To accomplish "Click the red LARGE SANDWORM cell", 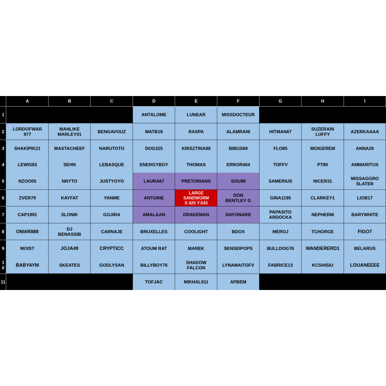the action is [196, 198].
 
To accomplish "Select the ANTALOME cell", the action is [154, 115].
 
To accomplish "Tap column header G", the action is [280, 101].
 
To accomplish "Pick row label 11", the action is [3, 282].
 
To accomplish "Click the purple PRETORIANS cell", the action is [196, 181].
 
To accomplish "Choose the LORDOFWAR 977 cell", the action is [28, 132].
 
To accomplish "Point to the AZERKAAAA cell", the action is [365, 132].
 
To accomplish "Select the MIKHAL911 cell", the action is [196, 282].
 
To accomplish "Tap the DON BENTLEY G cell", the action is [238, 198].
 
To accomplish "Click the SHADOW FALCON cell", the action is [196, 265].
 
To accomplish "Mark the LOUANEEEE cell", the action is [365, 265].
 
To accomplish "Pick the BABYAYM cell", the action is [28, 265].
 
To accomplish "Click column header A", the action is [28, 101].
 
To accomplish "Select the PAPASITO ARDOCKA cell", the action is [280, 215].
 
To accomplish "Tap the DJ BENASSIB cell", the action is [69, 232].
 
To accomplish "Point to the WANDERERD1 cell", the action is [322, 248].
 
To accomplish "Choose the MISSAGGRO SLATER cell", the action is [365, 181].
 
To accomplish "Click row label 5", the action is [3, 181].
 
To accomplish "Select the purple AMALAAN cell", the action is [154, 215].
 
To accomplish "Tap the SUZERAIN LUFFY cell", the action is [322, 132].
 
